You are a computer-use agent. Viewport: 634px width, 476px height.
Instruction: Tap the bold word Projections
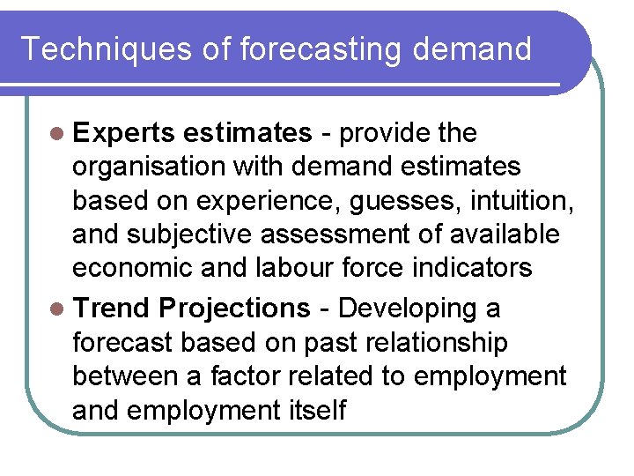pos(235,309)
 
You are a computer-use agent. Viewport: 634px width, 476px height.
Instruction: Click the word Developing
pos(406,309)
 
